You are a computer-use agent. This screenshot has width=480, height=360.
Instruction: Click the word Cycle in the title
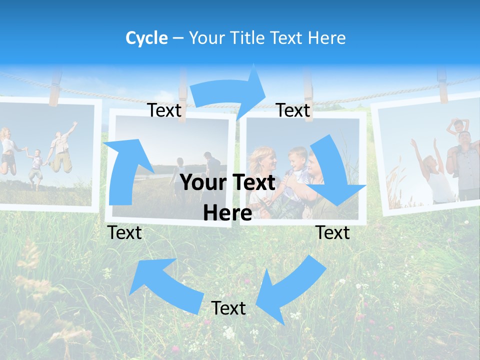[x=146, y=38]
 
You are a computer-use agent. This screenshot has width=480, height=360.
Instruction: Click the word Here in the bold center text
[x=227, y=213]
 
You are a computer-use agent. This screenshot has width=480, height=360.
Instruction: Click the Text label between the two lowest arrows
[x=228, y=308]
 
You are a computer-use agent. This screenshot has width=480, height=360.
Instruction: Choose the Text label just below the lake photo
[x=124, y=232]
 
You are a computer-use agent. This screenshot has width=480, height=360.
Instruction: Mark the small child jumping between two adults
[x=35, y=167]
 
